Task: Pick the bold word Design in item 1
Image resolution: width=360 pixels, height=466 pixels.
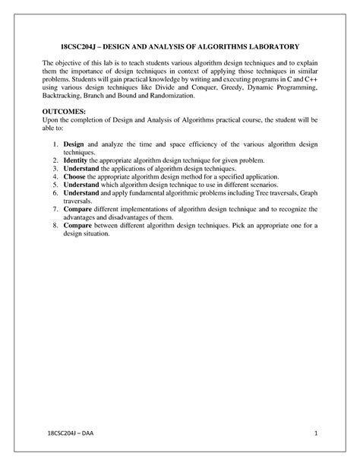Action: pyautogui.click(x=74, y=144)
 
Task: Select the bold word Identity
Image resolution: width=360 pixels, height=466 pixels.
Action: pyautogui.click(x=76, y=160)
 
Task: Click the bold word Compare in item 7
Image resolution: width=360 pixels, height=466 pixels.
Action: pyautogui.click(x=77, y=209)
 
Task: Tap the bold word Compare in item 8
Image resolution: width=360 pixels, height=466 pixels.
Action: pyautogui.click(x=77, y=226)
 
